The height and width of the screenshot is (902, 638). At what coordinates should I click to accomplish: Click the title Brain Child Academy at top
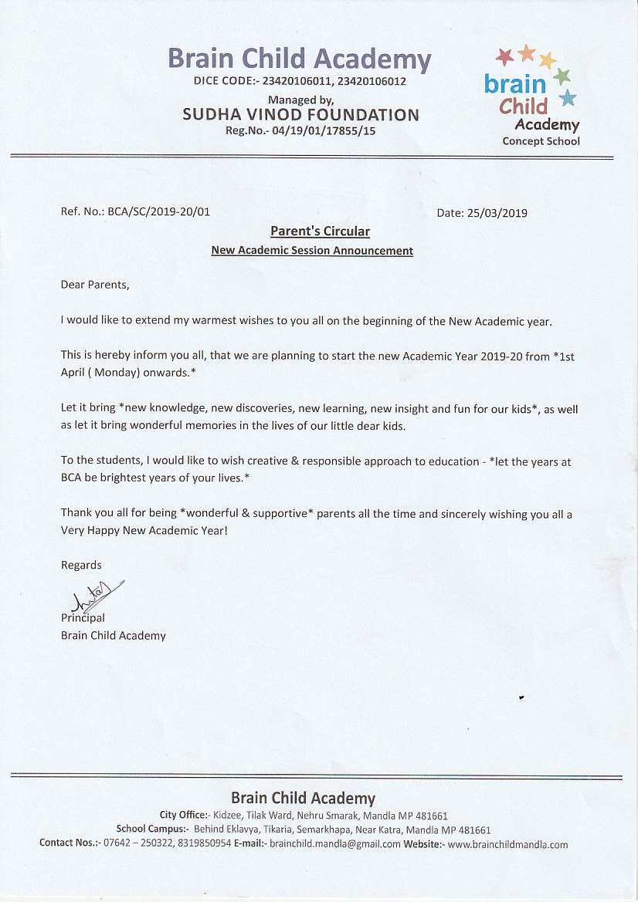pos(299,59)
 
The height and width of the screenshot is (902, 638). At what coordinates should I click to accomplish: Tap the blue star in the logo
pos(568,98)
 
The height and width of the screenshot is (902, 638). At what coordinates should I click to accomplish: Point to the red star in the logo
pos(504,56)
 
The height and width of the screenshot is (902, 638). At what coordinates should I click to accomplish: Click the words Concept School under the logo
pos(541,141)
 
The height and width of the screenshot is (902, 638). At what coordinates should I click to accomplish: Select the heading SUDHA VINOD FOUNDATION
pos(300,115)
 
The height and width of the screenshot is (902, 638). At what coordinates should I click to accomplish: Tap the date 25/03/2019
pos(498,214)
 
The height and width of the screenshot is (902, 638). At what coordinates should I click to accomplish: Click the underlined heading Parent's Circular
pos(320,231)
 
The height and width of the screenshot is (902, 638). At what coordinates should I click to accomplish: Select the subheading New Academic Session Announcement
pos(312,251)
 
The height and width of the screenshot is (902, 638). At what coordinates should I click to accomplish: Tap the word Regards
pos(81,566)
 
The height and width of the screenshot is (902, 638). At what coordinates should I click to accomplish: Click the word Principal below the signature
pos(83,617)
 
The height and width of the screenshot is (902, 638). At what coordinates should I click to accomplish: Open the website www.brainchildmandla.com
pos(507,844)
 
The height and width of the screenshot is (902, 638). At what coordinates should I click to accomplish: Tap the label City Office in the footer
pos(183,815)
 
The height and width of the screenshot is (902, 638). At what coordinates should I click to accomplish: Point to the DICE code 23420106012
pos(370,81)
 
